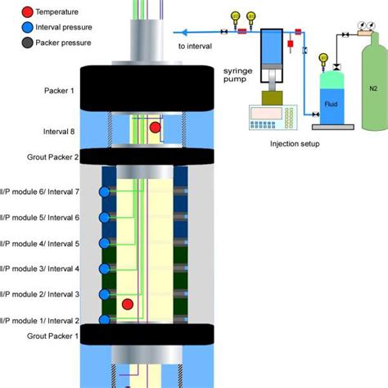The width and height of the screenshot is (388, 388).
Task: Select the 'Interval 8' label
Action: pyautogui.click(x=61, y=131)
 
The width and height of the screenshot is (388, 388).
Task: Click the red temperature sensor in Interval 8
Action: pyautogui.click(x=155, y=128)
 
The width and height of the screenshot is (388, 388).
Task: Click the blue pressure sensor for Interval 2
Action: pyautogui.click(x=105, y=320)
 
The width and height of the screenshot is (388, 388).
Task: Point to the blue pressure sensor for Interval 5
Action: pyautogui.click(x=105, y=243)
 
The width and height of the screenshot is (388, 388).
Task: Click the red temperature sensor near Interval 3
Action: pyautogui.click(x=128, y=305)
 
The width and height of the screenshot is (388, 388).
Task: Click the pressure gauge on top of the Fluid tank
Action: pyautogui.click(x=323, y=58)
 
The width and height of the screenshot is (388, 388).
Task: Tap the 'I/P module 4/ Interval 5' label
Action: pyautogui.click(x=41, y=243)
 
